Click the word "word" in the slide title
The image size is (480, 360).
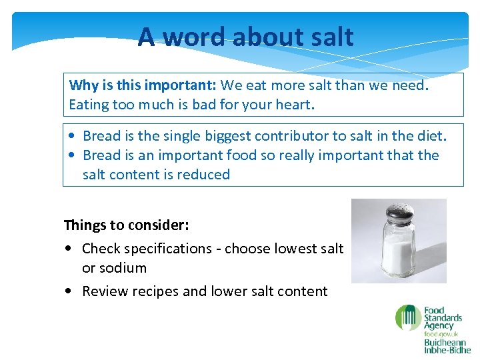[x=194, y=37]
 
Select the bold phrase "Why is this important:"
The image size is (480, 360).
[x=143, y=85]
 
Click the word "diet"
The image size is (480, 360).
[x=430, y=136]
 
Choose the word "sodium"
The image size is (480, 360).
[x=123, y=268]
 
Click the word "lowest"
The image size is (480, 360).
[x=291, y=249]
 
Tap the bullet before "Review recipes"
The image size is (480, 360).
[x=70, y=292]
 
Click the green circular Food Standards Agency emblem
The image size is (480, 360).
[x=407, y=317]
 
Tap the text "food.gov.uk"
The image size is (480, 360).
[x=441, y=334]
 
